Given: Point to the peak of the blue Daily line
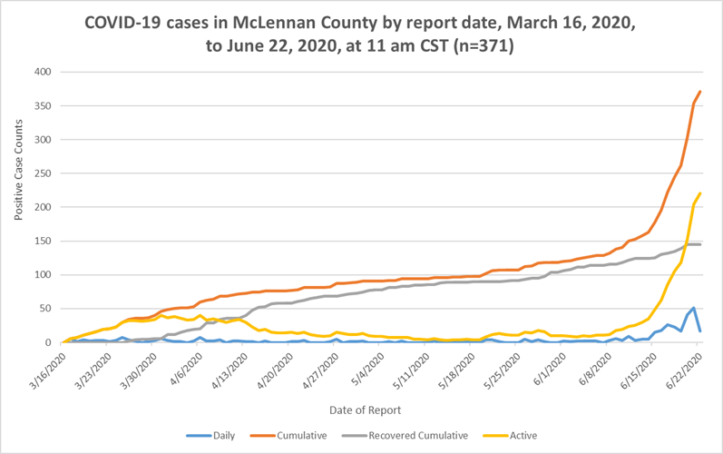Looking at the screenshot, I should (x=694, y=308).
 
